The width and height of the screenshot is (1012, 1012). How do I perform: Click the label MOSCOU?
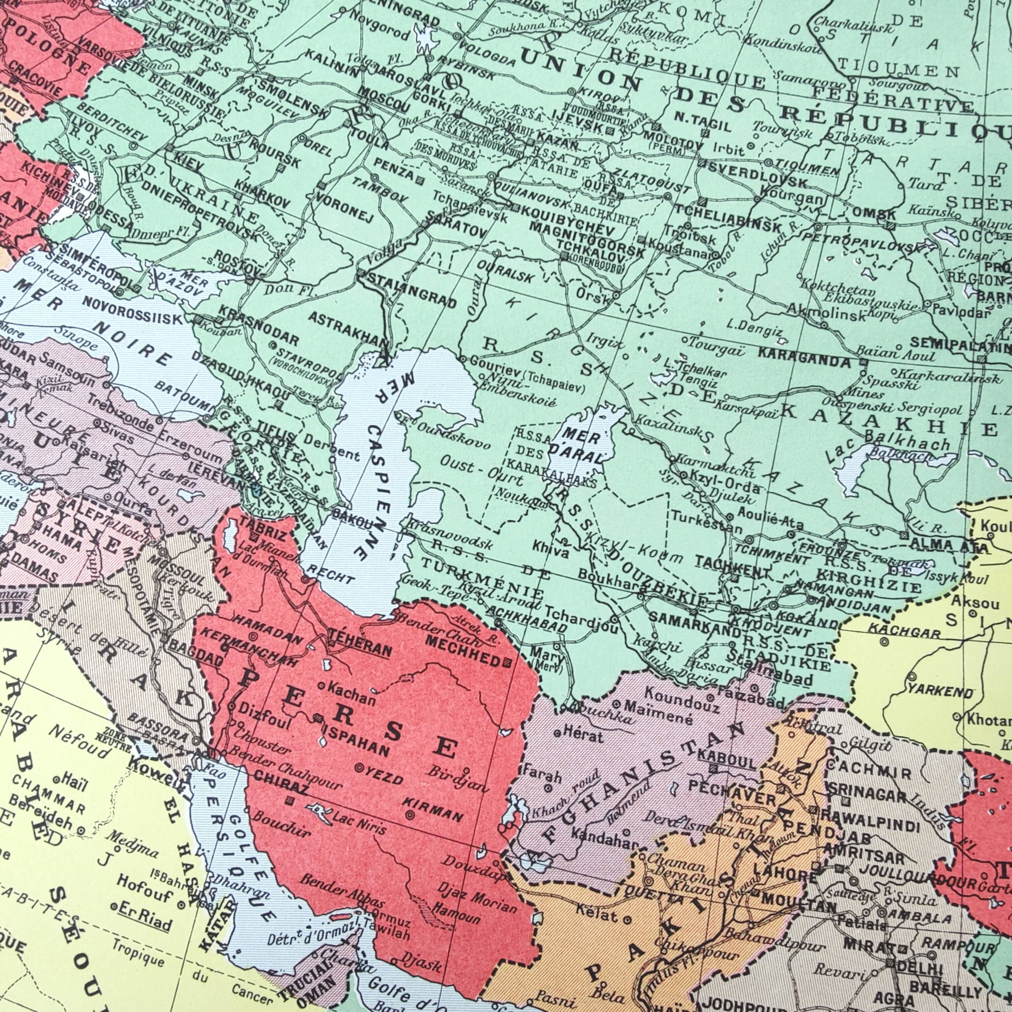click(384, 99)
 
